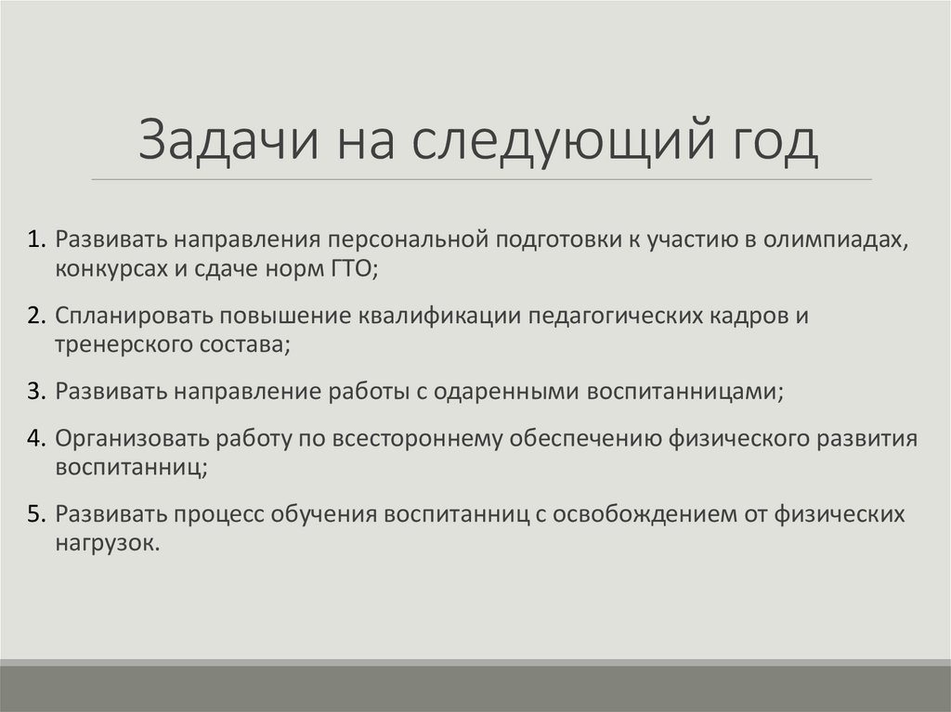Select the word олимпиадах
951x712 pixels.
coord(834,240)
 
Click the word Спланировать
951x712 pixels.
coord(122,316)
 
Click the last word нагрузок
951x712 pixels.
coord(108,543)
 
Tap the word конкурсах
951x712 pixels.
coord(110,269)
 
